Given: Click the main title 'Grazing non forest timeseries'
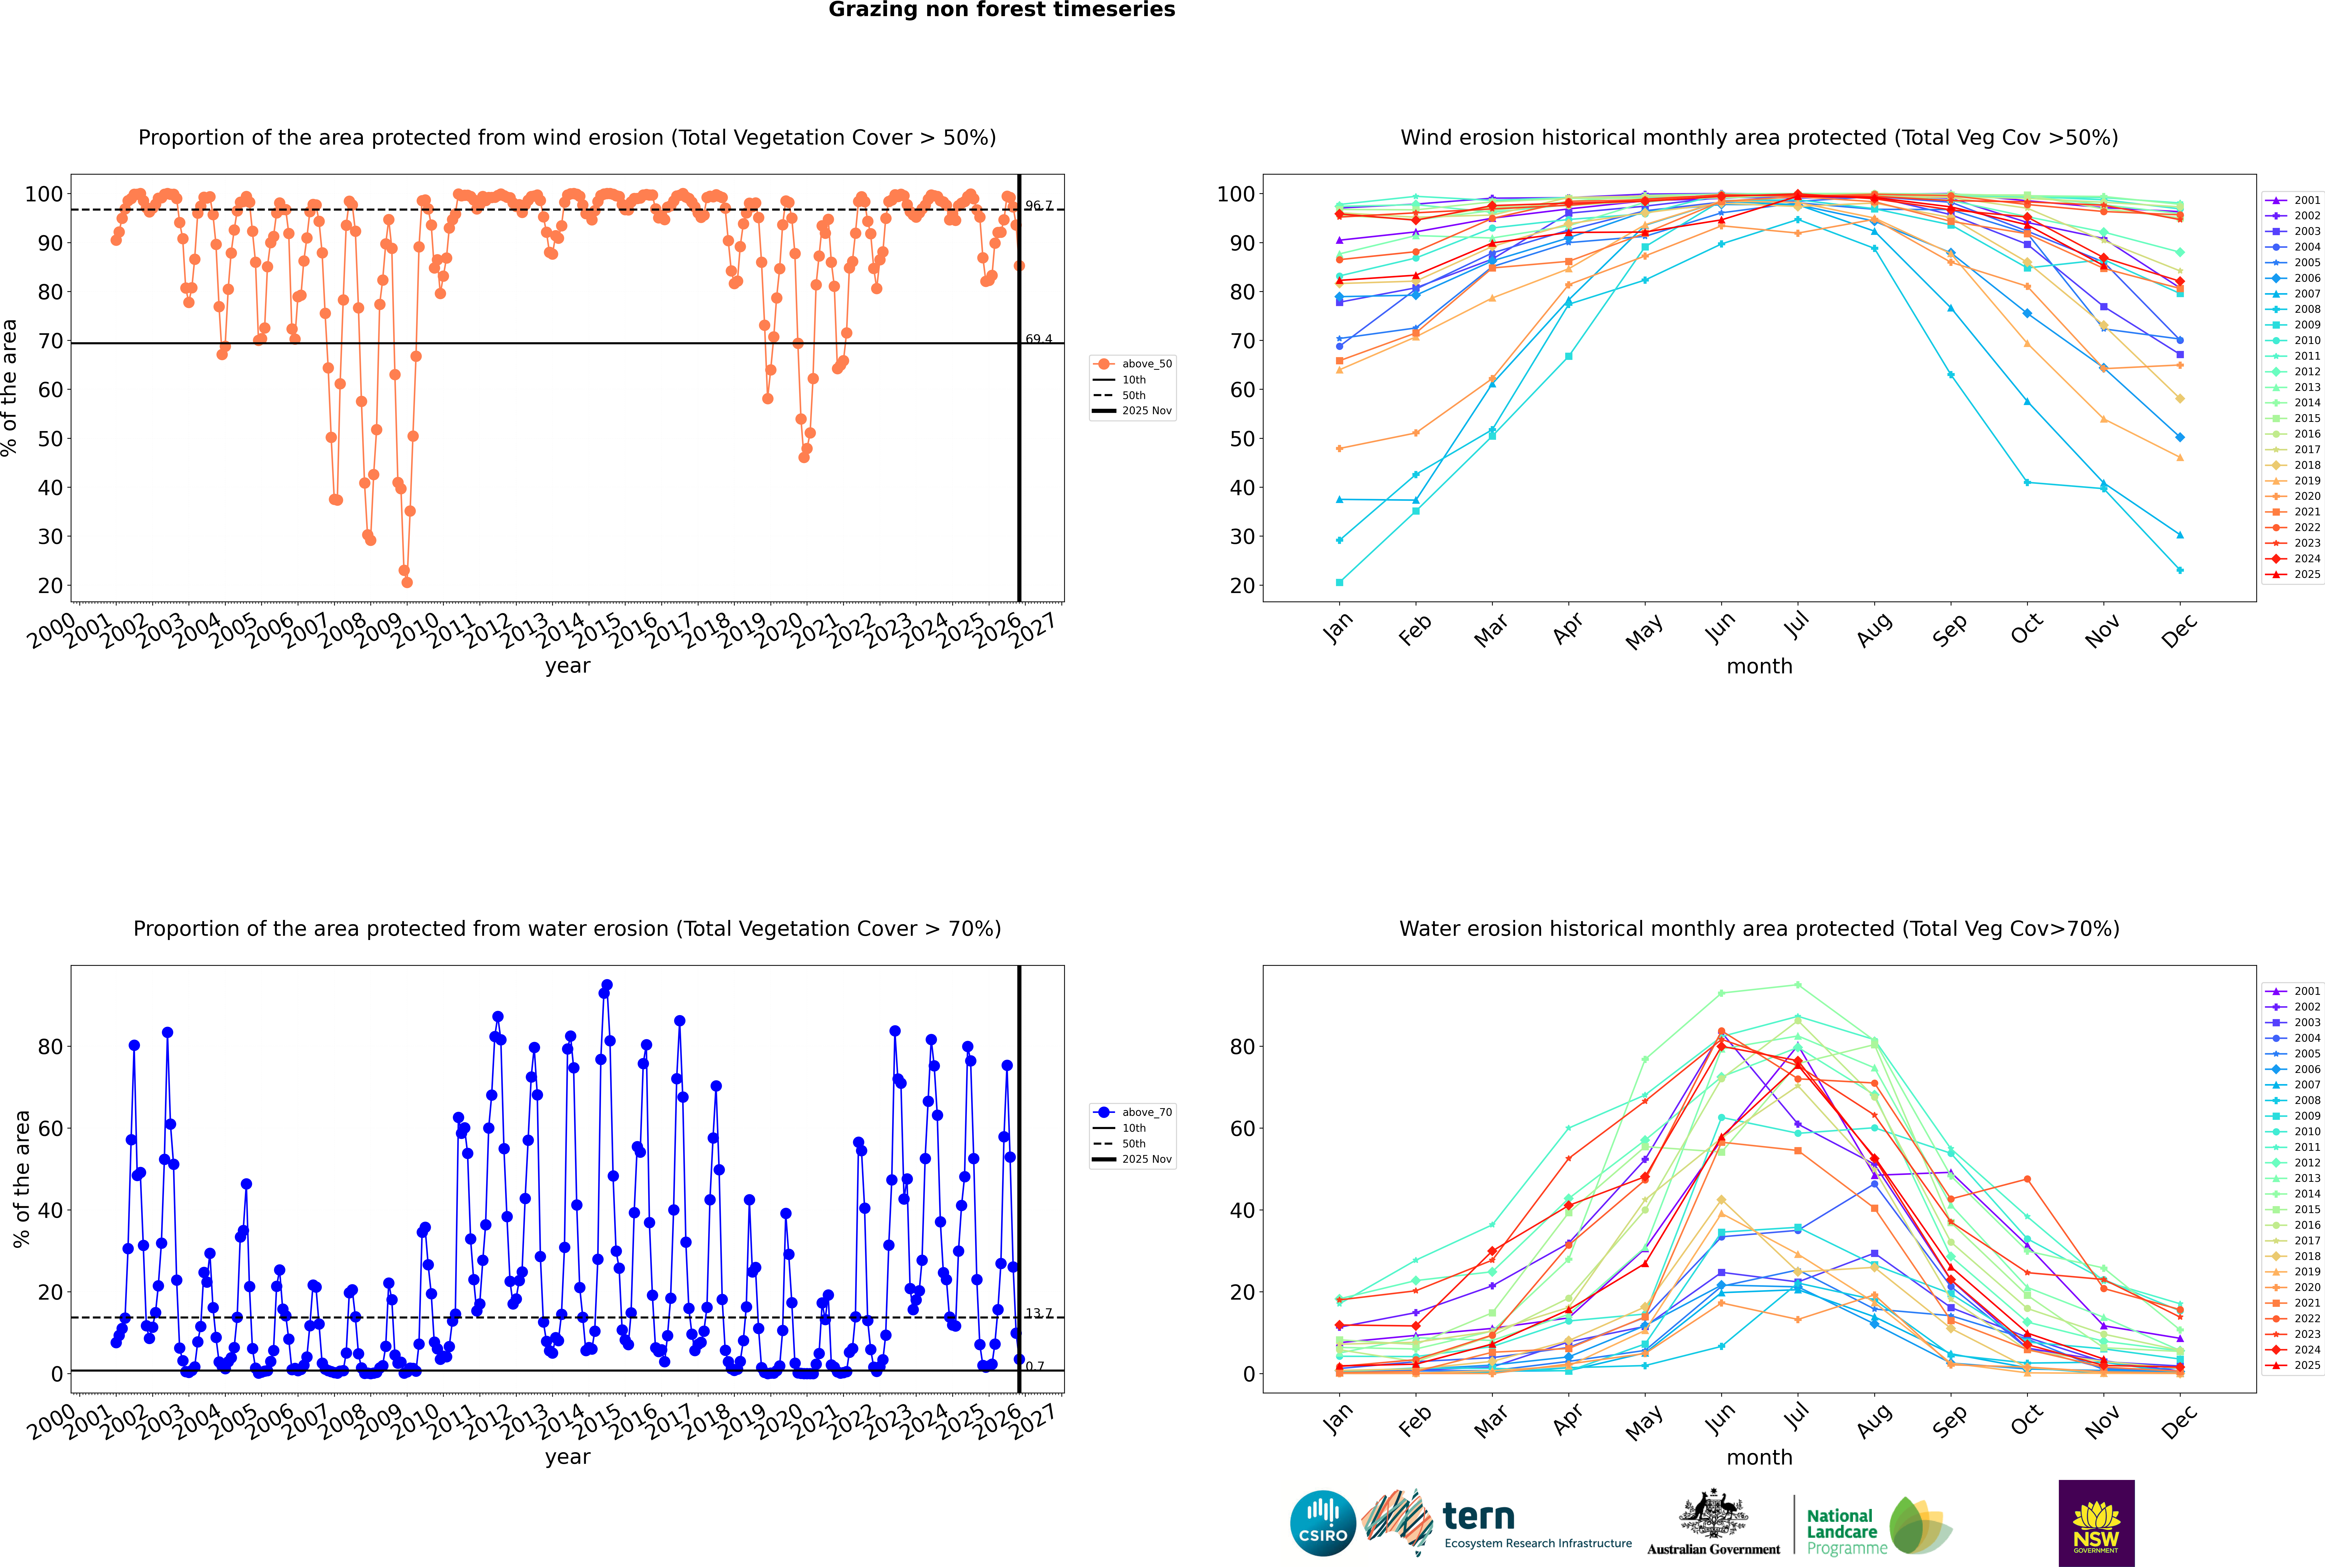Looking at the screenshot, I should point(1002,10).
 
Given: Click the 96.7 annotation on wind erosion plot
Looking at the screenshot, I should point(1039,206).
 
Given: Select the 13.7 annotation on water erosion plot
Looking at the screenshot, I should point(1039,1313).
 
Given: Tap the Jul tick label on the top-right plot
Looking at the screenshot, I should point(1796,627).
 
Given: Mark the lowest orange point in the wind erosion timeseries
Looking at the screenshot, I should point(407,582).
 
